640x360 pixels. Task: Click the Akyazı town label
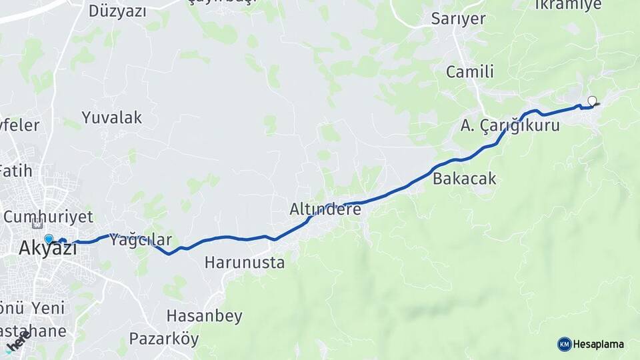pyautogui.click(x=47, y=249)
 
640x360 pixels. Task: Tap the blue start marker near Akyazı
pyautogui.click(x=49, y=239)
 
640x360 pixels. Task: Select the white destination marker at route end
pyautogui.click(x=592, y=101)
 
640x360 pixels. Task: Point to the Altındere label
pyautogui.click(x=325, y=209)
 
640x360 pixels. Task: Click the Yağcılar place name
pyautogui.click(x=141, y=240)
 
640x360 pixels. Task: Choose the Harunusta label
pyautogui.click(x=245, y=263)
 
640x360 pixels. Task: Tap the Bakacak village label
pyautogui.click(x=465, y=179)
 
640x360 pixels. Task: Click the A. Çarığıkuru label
pyautogui.click(x=510, y=125)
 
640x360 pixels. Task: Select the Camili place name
pyautogui.click(x=470, y=72)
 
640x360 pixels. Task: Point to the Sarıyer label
pyautogui.click(x=458, y=19)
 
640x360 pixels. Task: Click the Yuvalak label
pyautogui.click(x=112, y=118)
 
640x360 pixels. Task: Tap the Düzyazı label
pyautogui.click(x=117, y=11)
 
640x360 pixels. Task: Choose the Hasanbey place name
pyautogui.click(x=204, y=316)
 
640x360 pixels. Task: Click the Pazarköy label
pyautogui.click(x=164, y=339)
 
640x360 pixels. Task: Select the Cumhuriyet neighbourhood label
pyautogui.click(x=48, y=217)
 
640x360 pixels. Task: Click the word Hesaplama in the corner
pyautogui.click(x=598, y=345)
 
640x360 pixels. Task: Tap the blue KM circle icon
pyautogui.click(x=565, y=344)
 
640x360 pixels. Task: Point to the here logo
pyautogui.click(x=18, y=341)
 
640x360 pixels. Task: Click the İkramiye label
pyautogui.click(x=568, y=5)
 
